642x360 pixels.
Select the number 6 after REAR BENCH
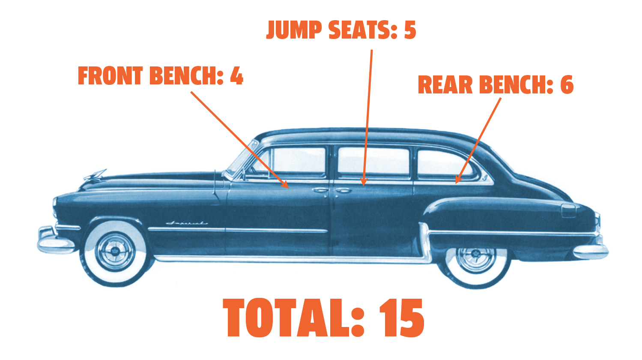[x=567, y=84]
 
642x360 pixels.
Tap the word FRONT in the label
[x=110, y=76]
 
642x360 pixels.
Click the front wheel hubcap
[x=115, y=252]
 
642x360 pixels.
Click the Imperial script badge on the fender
[x=187, y=223]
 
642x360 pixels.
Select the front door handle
[x=320, y=190]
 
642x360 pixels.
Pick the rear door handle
[x=343, y=190]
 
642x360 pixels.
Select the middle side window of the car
[x=373, y=162]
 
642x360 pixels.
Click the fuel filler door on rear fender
[x=568, y=211]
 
